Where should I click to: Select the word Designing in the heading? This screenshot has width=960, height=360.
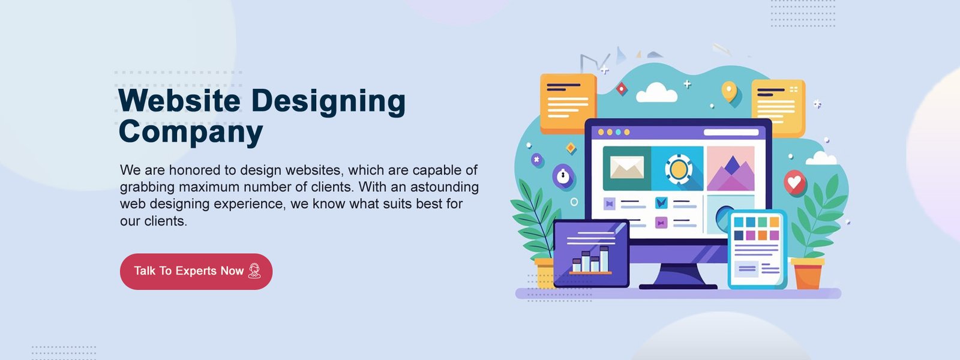click(x=328, y=102)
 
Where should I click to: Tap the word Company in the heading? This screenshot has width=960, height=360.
click(x=191, y=133)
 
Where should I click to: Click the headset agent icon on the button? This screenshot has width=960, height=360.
click(x=254, y=271)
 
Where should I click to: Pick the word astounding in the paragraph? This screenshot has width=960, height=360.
click(x=445, y=187)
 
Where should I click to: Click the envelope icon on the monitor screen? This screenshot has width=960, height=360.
click(x=627, y=167)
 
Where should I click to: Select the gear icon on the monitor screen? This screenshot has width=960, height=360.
click(x=679, y=169)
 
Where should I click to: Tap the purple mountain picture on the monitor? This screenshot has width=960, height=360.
click(x=731, y=169)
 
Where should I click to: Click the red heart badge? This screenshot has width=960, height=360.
click(x=795, y=183)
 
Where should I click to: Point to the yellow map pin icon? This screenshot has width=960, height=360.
click(x=729, y=91)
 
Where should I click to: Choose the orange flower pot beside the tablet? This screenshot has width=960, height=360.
click(x=808, y=274)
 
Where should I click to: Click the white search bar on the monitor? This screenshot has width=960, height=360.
click(x=731, y=132)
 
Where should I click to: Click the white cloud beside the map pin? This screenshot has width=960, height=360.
click(x=656, y=93)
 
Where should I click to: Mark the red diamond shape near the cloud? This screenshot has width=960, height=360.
click(x=622, y=89)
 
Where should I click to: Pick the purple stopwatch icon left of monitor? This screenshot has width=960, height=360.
click(x=563, y=176)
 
